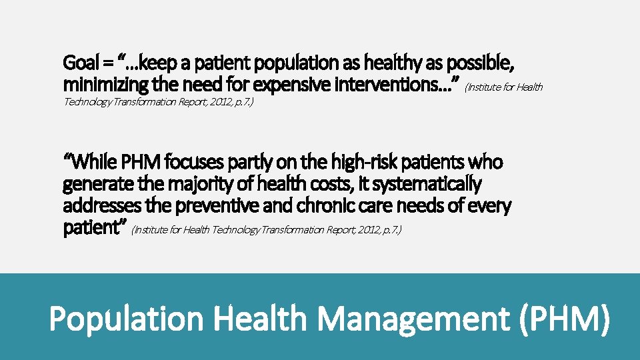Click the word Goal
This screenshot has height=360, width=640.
coord(79,63)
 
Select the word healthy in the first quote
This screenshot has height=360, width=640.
coord(369,63)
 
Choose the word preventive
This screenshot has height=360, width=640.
coord(214,205)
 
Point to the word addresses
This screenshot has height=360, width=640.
coord(96,205)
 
